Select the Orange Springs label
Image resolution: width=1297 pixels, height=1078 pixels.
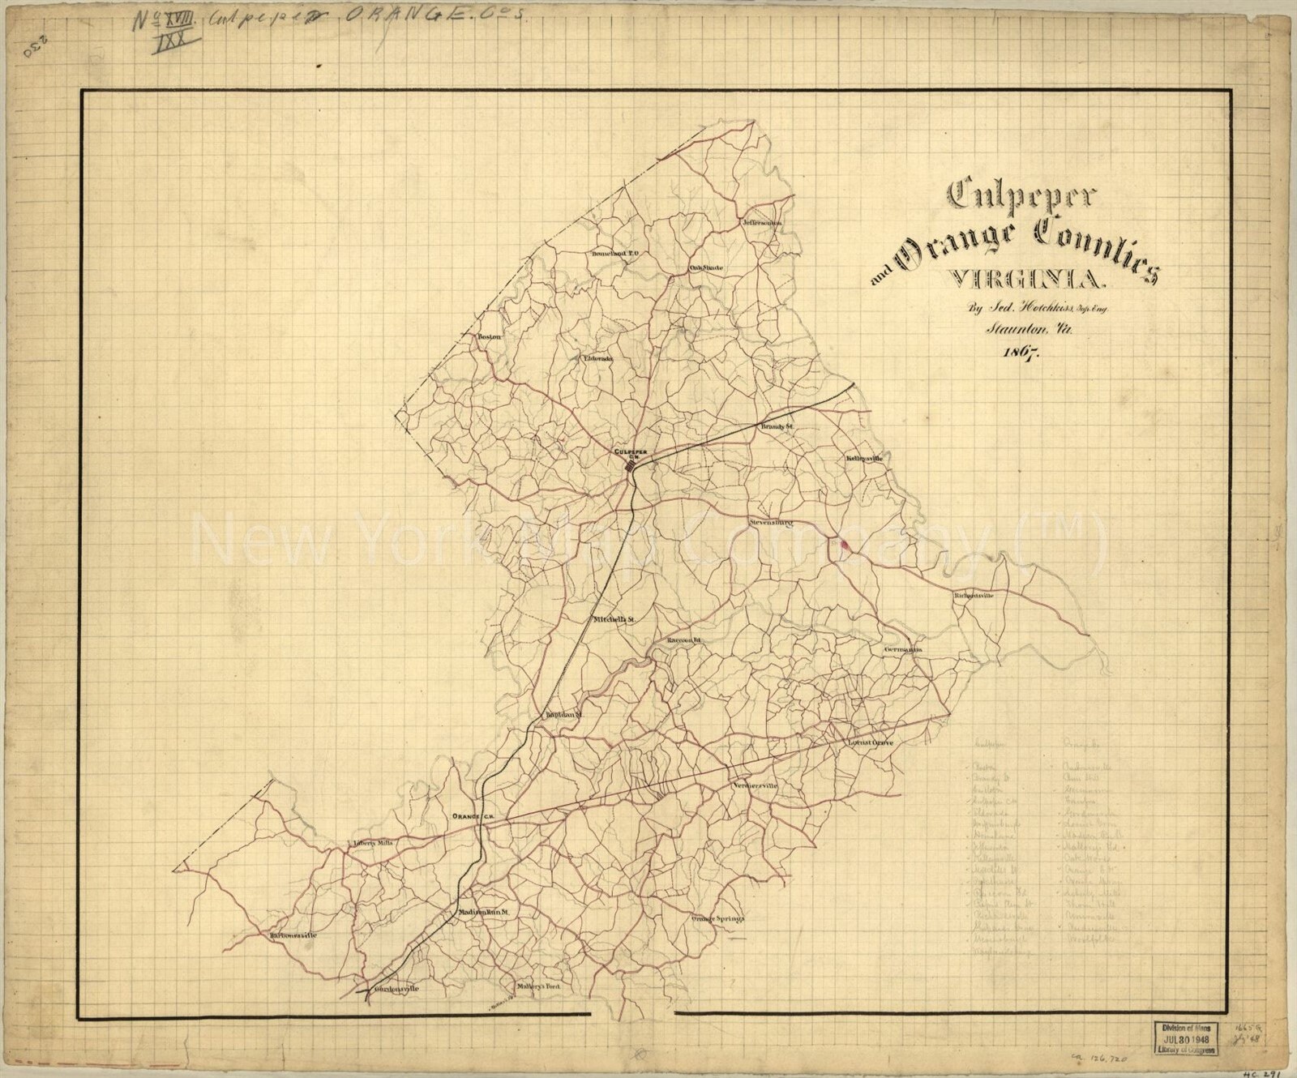point(717,918)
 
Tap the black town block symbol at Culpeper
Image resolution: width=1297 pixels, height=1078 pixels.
point(631,466)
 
